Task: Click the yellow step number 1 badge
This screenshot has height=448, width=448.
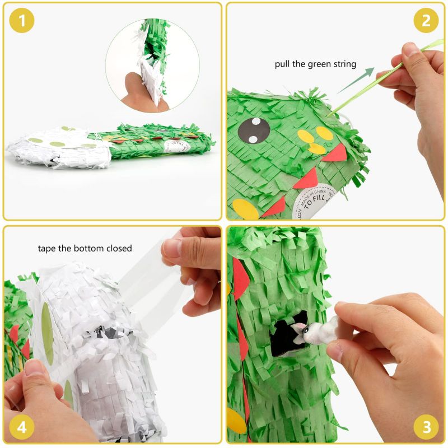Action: (22, 21)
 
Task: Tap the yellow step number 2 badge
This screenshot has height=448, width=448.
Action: (426, 21)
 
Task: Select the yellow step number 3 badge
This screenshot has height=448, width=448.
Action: (426, 427)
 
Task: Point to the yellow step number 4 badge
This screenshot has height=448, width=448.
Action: (22, 427)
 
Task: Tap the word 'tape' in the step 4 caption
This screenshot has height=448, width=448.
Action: (48, 248)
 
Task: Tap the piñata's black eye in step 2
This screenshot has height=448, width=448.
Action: (254, 130)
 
